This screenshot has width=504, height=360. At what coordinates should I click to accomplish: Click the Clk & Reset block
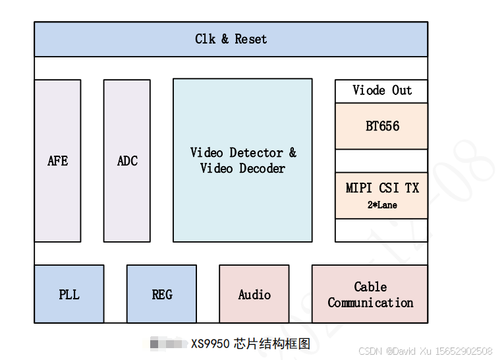[231, 40]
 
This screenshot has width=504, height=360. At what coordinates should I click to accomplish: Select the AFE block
[57, 161]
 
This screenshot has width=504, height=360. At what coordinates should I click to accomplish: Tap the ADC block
[127, 161]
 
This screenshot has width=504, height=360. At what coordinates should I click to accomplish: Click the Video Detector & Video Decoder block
[242, 160]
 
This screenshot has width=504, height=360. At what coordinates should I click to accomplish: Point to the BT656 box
[381, 126]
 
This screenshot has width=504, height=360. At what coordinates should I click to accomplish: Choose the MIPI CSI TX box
[381, 189]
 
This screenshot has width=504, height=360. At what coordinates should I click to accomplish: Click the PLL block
[69, 294]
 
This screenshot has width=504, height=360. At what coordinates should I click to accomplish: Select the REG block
[161, 294]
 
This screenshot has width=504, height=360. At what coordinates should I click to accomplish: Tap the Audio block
[254, 294]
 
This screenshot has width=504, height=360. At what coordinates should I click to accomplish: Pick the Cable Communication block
[370, 294]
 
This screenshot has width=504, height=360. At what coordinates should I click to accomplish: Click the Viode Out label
[381, 91]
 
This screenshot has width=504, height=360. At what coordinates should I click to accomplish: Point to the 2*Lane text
[382, 205]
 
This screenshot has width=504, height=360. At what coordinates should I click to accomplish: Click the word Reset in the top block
[251, 40]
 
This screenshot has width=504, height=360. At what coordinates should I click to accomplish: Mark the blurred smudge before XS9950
[167, 344]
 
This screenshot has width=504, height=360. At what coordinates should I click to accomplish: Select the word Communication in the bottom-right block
[370, 303]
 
